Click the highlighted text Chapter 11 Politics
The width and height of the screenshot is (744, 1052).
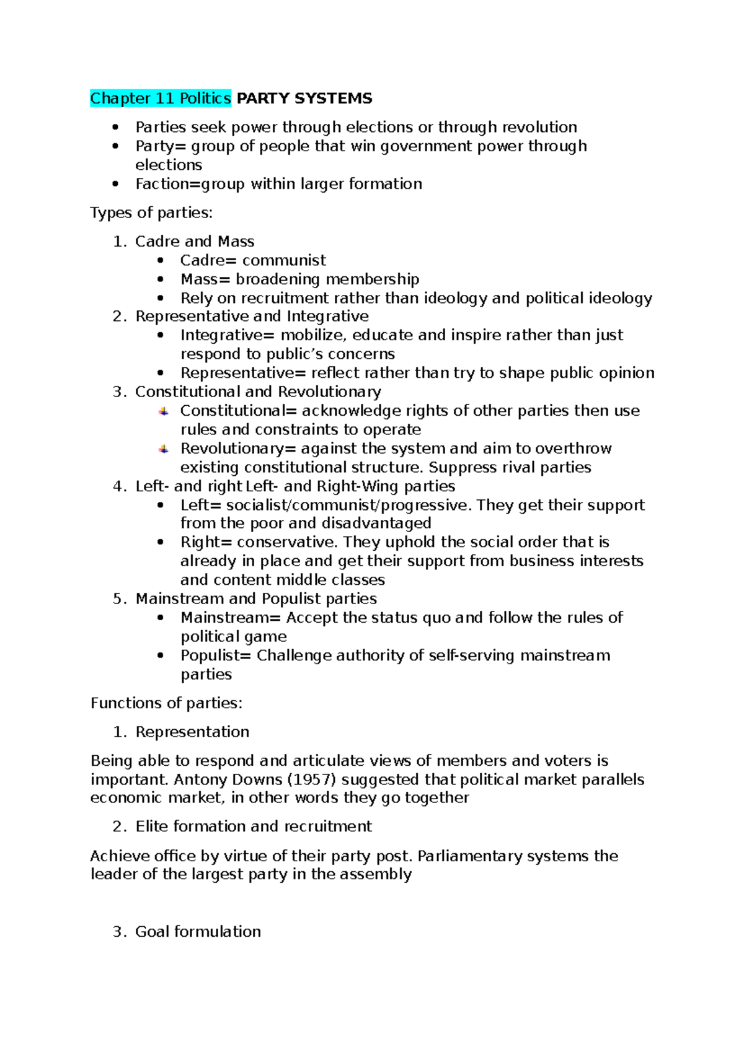tap(160, 99)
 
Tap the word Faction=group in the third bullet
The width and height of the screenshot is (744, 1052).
tap(190, 184)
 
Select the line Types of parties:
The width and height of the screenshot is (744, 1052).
tap(151, 213)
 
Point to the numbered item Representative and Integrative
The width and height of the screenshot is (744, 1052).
tap(252, 317)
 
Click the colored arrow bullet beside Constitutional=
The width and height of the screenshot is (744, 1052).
tap(163, 411)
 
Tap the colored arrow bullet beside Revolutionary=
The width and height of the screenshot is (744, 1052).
tap(163, 449)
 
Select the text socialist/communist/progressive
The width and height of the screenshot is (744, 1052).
tap(344, 505)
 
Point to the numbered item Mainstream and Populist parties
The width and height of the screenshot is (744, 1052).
tap(255, 598)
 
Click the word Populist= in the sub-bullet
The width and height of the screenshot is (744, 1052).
tap(216, 655)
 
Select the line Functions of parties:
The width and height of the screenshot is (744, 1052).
tap(166, 703)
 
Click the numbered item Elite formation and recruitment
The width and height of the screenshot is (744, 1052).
tap(253, 826)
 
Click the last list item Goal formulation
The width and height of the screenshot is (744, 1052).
tap(198, 932)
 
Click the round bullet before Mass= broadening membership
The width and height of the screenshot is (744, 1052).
tap(161, 279)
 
